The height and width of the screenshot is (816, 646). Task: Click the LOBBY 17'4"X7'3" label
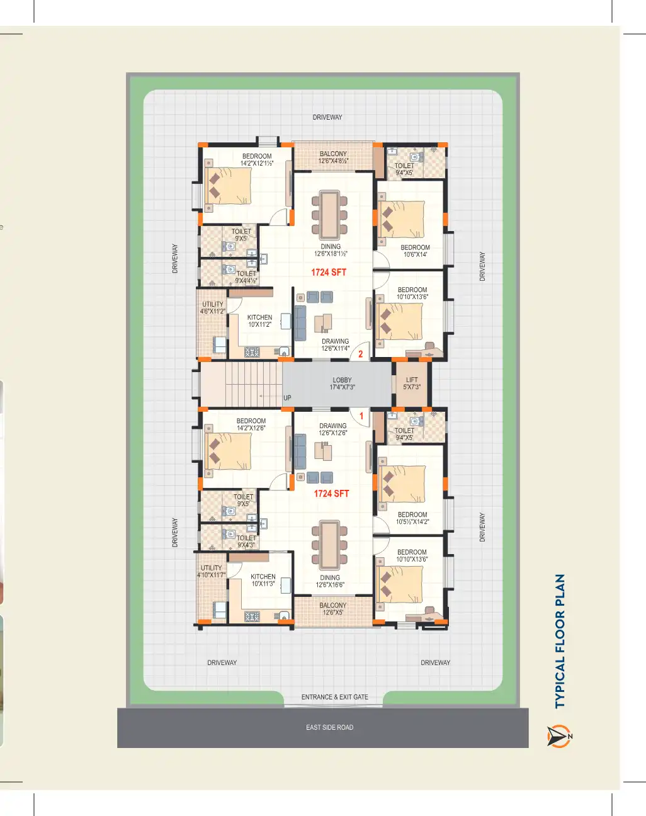pyautogui.click(x=342, y=383)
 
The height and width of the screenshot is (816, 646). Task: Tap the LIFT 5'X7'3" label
pyautogui.click(x=412, y=383)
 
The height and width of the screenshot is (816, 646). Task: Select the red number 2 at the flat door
pyautogui.click(x=360, y=354)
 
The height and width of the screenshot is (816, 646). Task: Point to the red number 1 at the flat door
pyautogui.click(x=361, y=416)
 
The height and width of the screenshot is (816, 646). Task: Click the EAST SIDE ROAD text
pyautogui.click(x=330, y=727)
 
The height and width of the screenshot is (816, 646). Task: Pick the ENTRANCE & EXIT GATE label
pyautogui.click(x=334, y=697)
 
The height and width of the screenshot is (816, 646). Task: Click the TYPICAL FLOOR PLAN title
pyautogui.click(x=560, y=641)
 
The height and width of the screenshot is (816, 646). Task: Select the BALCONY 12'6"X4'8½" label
pyautogui.click(x=333, y=157)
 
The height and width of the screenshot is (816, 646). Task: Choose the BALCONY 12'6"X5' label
pyautogui.click(x=333, y=609)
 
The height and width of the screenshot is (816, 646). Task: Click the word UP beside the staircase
pyautogui.click(x=287, y=398)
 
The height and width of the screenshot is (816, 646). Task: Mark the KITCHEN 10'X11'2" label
pyautogui.click(x=260, y=320)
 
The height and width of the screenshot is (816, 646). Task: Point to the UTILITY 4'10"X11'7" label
pyautogui.click(x=212, y=572)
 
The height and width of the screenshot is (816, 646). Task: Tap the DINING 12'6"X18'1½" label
pyautogui.click(x=331, y=250)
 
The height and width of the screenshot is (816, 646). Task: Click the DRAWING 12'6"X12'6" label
pyautogui.click(x=332, y=429)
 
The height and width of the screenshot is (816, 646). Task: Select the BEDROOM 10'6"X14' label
pyautogui.click(x=415, y=251)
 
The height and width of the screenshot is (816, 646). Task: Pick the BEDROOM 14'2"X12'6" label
pyautogui.click(x=251, y=424)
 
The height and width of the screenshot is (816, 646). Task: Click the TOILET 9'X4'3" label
pyautogui.click(x=246, y=541)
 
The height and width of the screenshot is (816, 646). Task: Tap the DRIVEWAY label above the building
pyautogui.click(x=327, y=117)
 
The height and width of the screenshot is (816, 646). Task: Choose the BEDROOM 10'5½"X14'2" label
pyautogui.click(x=412, y=518)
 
